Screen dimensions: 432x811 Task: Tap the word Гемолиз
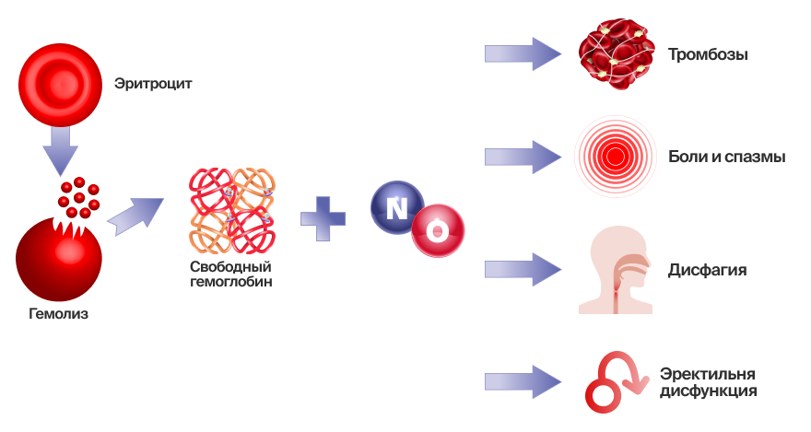coord(58,314)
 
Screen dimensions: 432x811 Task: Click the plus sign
coord(323,218)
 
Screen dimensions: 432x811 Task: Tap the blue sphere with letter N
coord(396,207)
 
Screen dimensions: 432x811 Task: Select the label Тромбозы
coord(708,54)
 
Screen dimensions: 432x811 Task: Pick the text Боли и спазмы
coord(726,157)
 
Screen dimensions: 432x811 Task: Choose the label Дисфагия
coord(707,271)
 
